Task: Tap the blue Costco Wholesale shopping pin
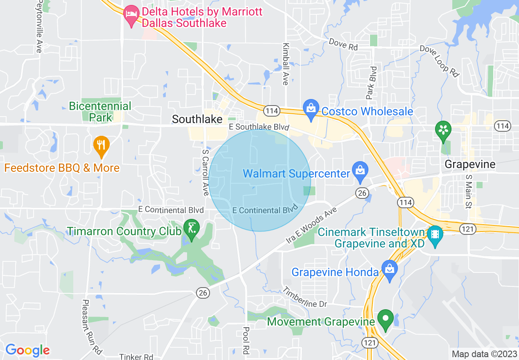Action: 311,109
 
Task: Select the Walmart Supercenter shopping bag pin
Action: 360,171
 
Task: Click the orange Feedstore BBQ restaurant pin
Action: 101,146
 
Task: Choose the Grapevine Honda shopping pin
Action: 389,270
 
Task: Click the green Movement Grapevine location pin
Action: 385,319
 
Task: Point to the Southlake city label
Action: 197,119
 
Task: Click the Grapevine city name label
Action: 470,164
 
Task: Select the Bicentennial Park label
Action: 100,112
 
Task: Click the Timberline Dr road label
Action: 305,297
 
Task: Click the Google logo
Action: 27,350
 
